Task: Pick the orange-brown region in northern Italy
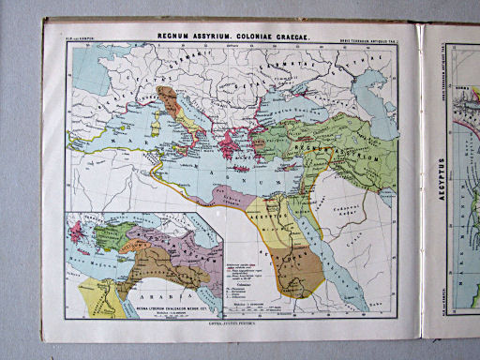tap(169, 99)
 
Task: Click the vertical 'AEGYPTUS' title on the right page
tap(440, 179)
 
